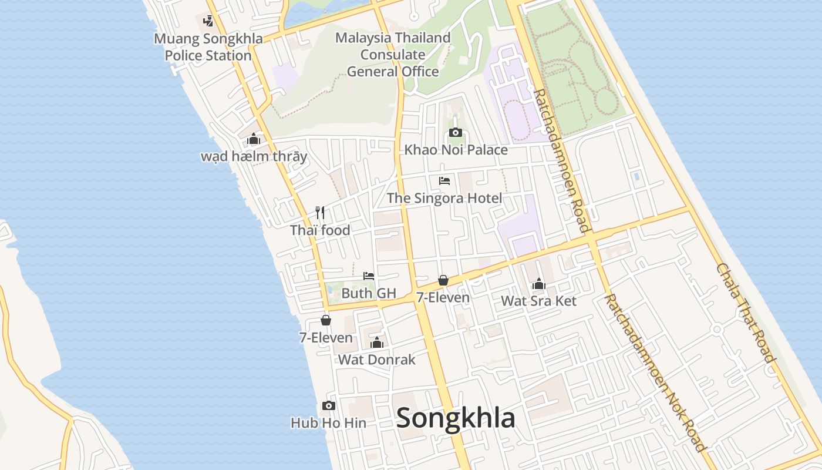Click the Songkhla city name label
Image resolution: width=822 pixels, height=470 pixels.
tap(456, 418)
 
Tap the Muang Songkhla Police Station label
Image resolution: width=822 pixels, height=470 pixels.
tap(203, 47)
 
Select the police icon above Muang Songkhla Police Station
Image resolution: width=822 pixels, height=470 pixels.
tap(208, 21)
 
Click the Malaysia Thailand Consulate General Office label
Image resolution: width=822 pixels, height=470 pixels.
tap(393, 55)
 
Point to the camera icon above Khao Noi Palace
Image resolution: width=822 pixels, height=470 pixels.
tap(456, 132)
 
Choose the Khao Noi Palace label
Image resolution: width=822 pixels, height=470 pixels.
tap(456, 150)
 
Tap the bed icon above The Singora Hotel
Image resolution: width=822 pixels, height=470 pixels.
tap(444, 181)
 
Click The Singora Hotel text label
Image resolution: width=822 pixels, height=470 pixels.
tap(444, 198)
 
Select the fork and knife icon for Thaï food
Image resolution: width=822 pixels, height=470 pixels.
tap(320, 212)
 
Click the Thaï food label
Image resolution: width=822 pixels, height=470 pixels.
tap(320, 230)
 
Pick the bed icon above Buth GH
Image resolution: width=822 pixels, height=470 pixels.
tap(369, 276)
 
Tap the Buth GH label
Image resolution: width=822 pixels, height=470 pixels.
tap(369, 293)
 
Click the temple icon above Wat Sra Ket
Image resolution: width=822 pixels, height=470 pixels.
tap(538, 284)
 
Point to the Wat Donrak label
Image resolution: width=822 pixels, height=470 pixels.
tap(377, 360)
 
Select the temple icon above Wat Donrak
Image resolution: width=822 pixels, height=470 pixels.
tap(377, 343)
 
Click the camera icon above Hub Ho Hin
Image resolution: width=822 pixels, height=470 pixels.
tap(329, 405)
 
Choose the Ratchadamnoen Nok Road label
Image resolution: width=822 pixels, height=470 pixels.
tap(655, 372)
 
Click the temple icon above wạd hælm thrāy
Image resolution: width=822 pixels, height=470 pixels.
tap(254, 139)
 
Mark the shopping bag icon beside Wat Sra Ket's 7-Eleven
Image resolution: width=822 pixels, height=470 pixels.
tap(443, 281)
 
